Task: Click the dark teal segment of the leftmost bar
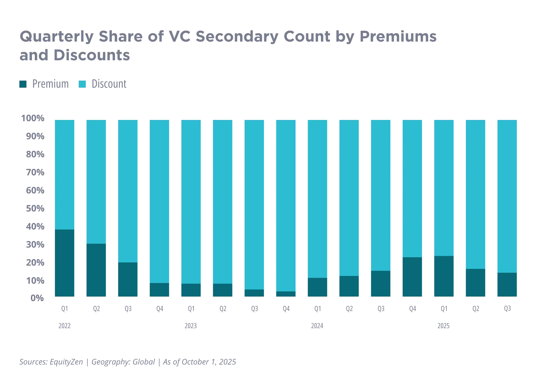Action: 65,263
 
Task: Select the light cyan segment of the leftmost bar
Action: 65,174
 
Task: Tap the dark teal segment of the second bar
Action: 96,270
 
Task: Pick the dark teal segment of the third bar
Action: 128,279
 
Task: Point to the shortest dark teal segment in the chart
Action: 286,294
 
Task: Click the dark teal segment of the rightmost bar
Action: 507,285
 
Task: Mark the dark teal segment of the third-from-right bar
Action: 444,276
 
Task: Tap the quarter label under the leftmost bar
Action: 65,309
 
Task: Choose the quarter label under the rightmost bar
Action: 507,309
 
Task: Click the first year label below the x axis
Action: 65,327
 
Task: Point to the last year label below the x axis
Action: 444,327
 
